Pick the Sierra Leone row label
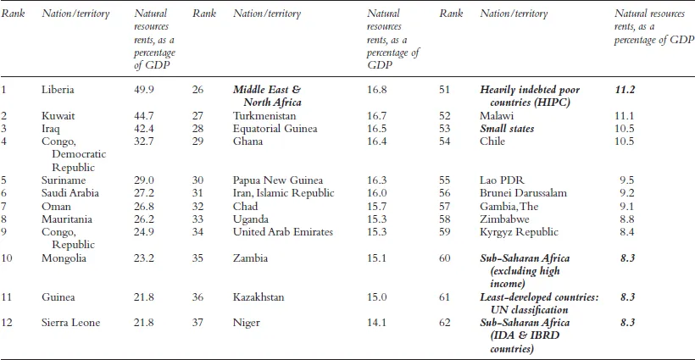click(x=72, y=322)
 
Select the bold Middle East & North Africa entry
click(x=267, y=95)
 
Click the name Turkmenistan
click(x=264, y=115)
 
